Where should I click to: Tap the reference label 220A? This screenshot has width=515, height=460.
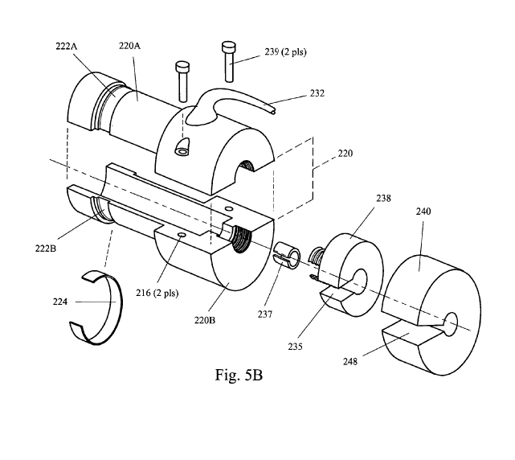(129, 47)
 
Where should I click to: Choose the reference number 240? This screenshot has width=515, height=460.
(423, 212)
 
